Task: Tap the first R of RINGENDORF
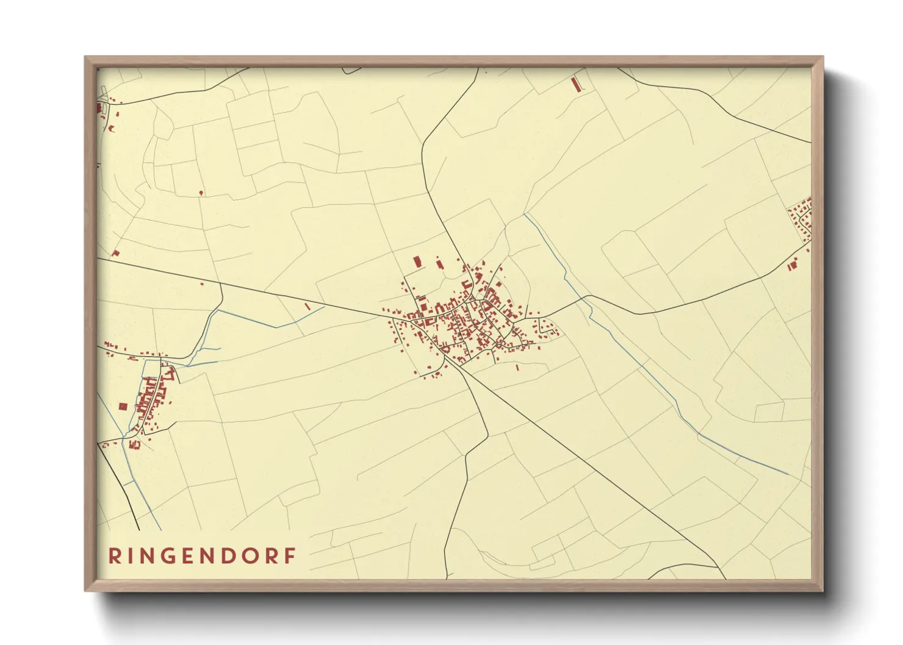coord(114,556)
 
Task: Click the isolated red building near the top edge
coord(575,85)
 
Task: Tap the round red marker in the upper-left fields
coord(201,193)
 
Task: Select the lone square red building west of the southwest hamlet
coord(123,406)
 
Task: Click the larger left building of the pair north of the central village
coord(417,262)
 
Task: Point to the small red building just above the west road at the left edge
coord(115,253)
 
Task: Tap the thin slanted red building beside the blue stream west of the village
coord(308,306)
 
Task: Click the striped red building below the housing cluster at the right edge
coord(792,265)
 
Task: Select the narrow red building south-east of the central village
coord(517,368)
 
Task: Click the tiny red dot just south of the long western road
coord(203,283)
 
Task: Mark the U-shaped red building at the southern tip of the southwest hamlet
coord(135,445)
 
